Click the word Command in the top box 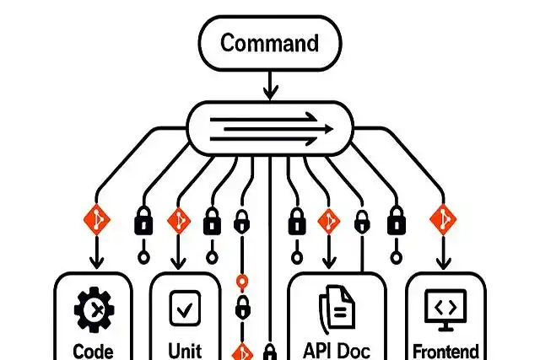tap(270, 43)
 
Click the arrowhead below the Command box tap(270, 92)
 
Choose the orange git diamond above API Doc tap(328, 221)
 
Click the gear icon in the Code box tap(94, 310)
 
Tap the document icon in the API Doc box tap(337, 309)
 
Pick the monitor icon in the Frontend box tap(445, 309)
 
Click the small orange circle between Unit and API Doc tap(241, 282)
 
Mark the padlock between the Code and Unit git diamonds tap(144, 223)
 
